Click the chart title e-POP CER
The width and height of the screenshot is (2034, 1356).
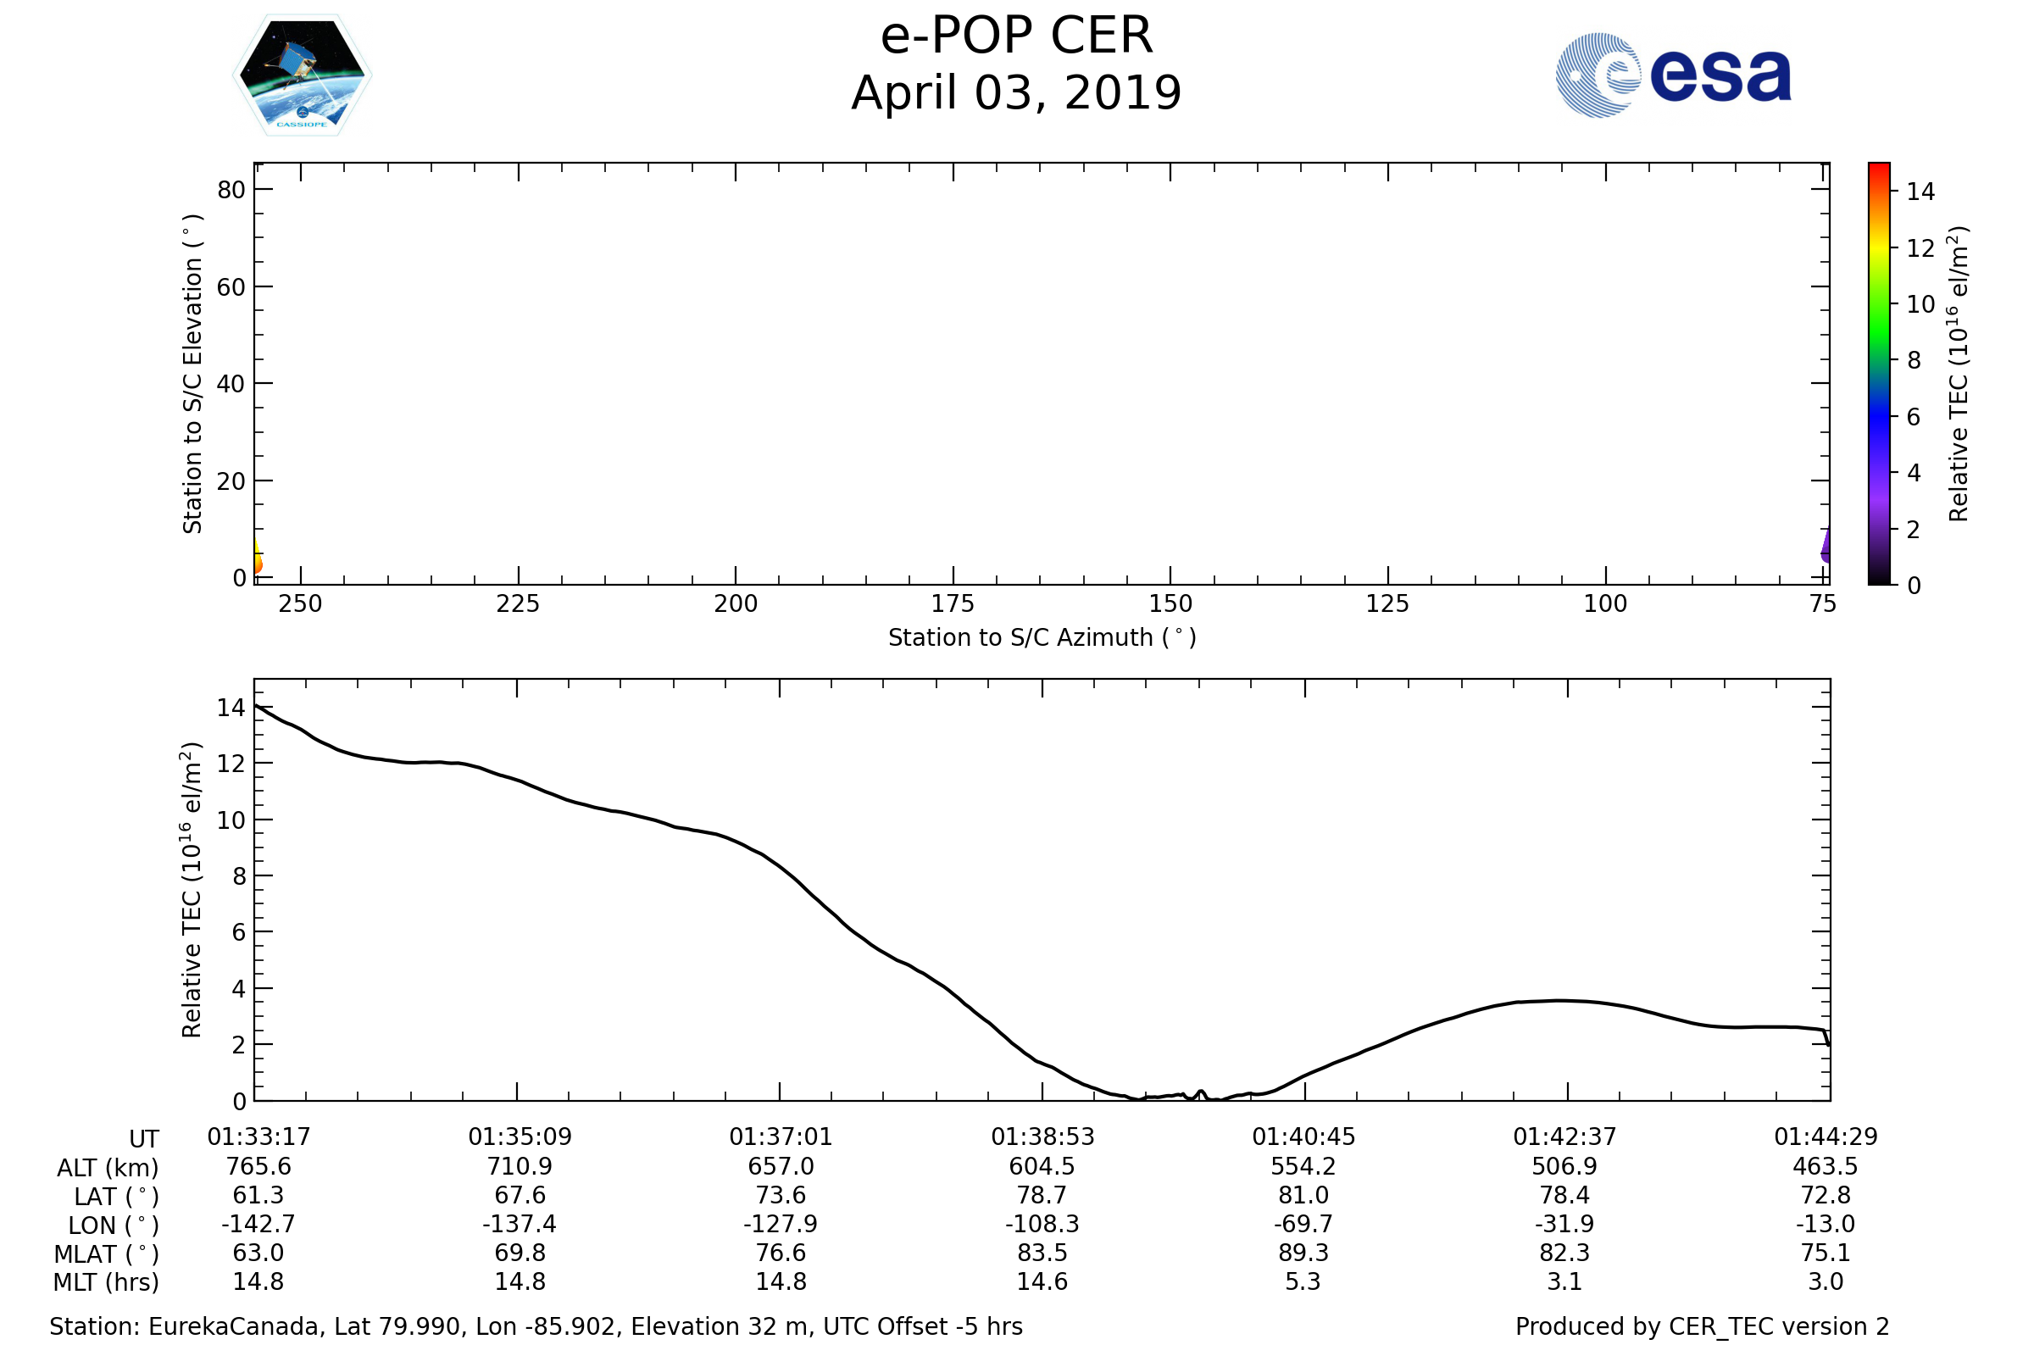1016,36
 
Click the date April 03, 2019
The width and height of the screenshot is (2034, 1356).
1016,93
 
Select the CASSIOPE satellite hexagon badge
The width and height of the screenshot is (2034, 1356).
302,75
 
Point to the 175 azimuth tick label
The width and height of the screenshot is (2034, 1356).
952,604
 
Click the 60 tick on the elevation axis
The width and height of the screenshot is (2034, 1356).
231,287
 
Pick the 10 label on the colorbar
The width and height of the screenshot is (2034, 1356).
1920,304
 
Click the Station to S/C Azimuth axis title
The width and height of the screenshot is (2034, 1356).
1042,638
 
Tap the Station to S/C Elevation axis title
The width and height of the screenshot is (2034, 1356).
192,374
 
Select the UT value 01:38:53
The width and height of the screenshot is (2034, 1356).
1042,1137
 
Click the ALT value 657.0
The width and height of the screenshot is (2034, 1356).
780,1167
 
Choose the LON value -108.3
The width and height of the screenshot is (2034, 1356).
1042,1225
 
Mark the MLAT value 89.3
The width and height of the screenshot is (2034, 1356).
1303,1253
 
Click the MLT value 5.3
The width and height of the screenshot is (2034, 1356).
1303,1281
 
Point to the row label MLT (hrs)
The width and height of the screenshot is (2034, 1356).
107,1282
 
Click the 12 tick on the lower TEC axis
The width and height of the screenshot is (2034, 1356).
231,764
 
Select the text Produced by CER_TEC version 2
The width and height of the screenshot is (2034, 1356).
1702,1326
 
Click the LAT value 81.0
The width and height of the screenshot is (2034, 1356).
1303,1195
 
